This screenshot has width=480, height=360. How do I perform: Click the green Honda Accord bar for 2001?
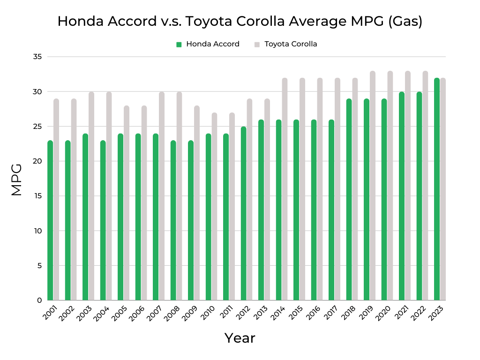coord(50,220)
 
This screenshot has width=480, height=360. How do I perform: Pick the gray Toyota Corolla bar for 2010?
coord(214,206)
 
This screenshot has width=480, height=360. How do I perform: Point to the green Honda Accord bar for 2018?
coord(349,199)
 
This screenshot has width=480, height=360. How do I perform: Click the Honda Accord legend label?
coord(213,44)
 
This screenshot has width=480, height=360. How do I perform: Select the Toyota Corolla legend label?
coord(291,44)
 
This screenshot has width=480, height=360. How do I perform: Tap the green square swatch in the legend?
coord(179,45)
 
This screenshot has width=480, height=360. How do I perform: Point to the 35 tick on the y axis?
coord(37,57)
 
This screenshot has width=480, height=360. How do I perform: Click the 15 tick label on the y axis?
coord(37,196)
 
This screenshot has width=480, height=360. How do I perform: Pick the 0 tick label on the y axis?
coord(40,300)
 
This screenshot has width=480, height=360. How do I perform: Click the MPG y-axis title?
coord(16,180)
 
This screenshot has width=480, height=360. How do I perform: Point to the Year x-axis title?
coord(240,338)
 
